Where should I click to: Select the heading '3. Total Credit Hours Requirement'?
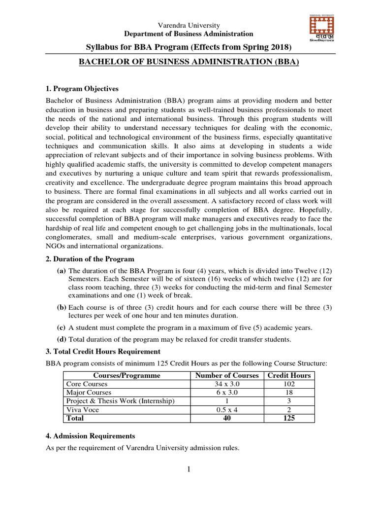click(x=103, y=352)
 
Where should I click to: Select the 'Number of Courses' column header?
click(x=227, y=375)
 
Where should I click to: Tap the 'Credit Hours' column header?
click(x=289, y=375)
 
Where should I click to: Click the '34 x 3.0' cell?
click(x=227, y=384)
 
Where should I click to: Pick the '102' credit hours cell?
click(x=289, y=384)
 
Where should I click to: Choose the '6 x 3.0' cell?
click(x=227, y=393)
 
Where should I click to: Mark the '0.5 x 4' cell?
click(x=227, y=410)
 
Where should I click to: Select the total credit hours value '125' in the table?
click(x=289, y=418)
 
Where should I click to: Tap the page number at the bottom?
click(x=189, y=469)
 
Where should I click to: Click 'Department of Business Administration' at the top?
click(x=189, y=34)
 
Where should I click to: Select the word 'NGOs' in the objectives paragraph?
click(x=56, y=246)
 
